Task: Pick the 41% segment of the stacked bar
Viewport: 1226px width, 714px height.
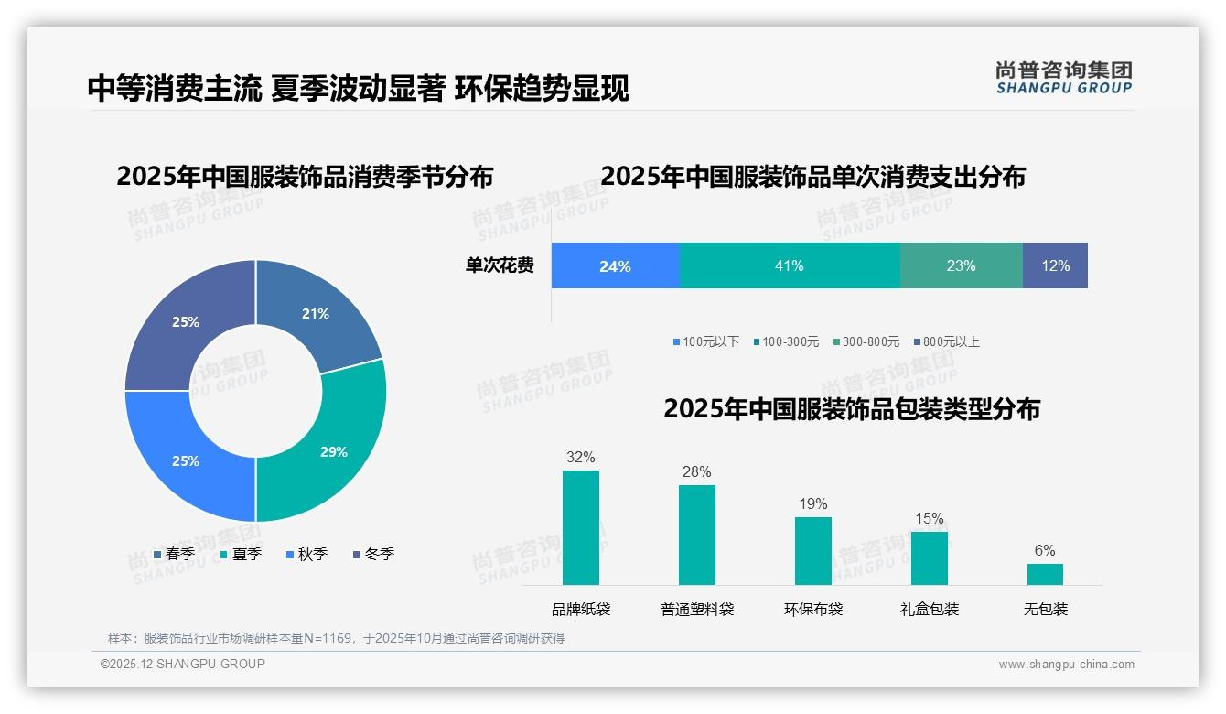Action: [x=789, y=265]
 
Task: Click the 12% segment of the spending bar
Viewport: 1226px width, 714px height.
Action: [x=1055, y=265]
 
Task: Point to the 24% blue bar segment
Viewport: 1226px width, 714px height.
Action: [x=615, y=265]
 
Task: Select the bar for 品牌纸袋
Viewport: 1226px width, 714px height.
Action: [x=580, y=527]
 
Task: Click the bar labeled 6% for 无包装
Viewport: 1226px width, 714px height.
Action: [x=1045, y=574]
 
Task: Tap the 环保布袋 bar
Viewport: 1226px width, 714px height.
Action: [x=812, y=550]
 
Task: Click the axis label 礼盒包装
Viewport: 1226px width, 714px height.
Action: [x=929, y=609]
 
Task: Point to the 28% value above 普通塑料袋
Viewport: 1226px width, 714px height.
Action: [x=696, y=471]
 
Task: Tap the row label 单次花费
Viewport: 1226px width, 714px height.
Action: [x=500, y=265]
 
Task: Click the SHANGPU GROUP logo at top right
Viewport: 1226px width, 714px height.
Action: [x=1063, y=77]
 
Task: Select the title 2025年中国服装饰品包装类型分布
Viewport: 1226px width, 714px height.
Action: [x=851, y=409]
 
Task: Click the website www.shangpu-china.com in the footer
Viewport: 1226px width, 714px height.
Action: [x=1066, y=665]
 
